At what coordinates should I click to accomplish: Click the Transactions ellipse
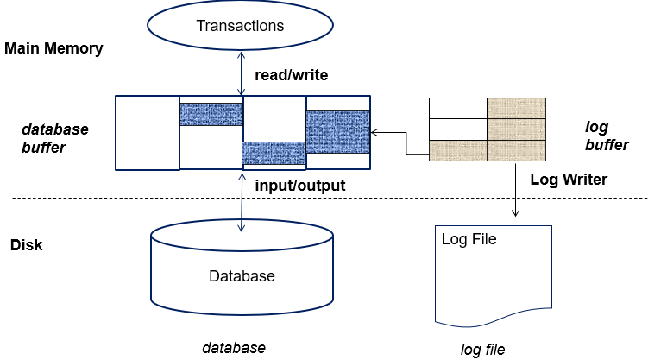coord(240,25)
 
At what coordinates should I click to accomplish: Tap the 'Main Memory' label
coord(53,48)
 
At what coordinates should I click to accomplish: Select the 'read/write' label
coord(292,75)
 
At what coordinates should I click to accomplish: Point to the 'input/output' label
coord(300,186)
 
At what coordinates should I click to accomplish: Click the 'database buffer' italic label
coord(55,138)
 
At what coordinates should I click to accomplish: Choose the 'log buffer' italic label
coord(607,136)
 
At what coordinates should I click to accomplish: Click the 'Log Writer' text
coord(569,180)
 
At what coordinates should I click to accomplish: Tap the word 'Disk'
coord(27,245)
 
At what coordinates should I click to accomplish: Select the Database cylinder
coord(242,268)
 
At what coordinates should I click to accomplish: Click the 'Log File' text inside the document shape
coord(469,239)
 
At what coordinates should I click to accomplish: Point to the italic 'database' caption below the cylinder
coord(234,348)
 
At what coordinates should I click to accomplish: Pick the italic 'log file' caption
coord(482,350)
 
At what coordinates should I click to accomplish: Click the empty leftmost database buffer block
coord(148,133)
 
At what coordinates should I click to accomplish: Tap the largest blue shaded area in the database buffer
coord(337,132)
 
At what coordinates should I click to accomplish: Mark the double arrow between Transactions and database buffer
coord(242,73)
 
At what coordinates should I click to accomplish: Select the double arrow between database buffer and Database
coord(242,203)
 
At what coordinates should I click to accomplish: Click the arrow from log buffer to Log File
coord(515,190)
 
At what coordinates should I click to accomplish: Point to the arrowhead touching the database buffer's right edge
coord(374,133)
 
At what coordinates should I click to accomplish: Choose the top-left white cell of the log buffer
coord(458,108)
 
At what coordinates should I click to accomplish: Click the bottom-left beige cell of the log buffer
coord(458,150)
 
